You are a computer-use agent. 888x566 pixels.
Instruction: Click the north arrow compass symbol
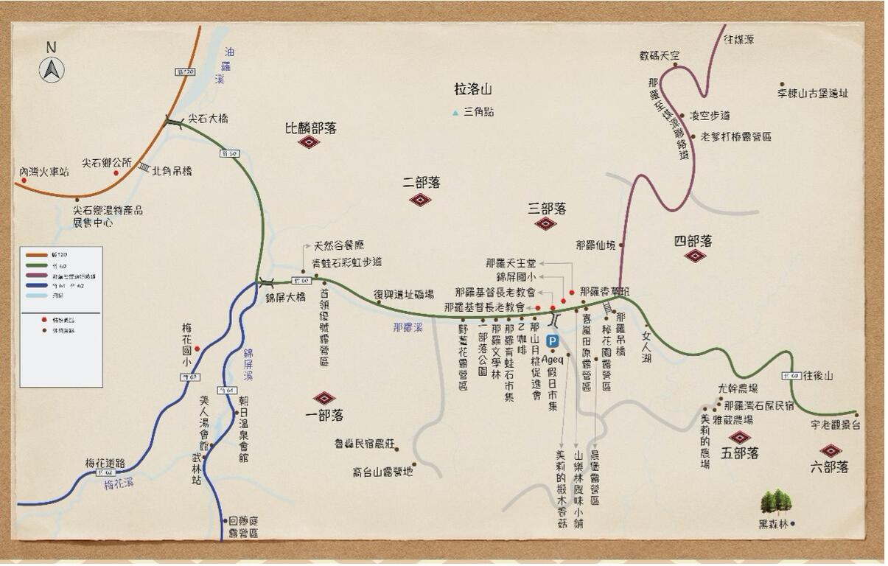[51, 69]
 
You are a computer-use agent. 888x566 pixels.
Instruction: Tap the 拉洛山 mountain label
[472, 90]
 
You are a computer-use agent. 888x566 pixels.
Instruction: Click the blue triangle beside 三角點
[455, 113]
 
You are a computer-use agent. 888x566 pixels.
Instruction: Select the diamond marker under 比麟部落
[309, 141]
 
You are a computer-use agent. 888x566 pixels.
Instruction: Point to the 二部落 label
[422, 182]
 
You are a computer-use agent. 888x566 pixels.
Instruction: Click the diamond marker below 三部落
[545, 223]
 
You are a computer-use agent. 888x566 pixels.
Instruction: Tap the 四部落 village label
[693, 241]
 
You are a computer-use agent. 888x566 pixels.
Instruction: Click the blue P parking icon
[553, 341]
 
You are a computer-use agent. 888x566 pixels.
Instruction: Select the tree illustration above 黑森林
[776, 501]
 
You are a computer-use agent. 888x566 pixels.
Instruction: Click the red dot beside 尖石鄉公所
[116, 173]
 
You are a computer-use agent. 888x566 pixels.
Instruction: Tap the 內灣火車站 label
[44, 172]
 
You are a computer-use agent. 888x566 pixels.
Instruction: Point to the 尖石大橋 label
[208, 118]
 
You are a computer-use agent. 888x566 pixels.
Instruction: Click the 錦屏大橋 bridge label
[285, 298]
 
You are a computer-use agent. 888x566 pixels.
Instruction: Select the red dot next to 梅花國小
[197, 349]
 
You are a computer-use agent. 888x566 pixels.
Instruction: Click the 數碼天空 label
[659, 55]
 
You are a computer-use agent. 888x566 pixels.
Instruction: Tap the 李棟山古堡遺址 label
[812, 94]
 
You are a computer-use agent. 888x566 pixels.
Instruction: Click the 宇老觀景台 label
[835, 425]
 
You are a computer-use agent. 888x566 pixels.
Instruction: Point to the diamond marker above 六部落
[831, 450]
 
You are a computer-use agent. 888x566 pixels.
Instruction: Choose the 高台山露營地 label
[382, 471]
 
